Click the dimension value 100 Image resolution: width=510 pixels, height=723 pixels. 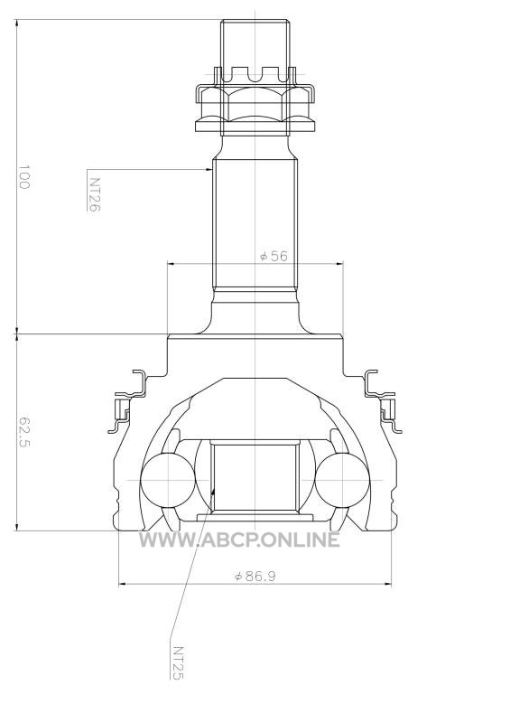click(x=24, y=177)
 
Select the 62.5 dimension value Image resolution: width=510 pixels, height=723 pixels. click(x=24, y=433)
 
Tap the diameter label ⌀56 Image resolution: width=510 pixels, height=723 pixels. click(x=274, y=256)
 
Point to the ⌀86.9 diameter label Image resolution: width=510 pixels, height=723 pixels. click(x=255, y=576)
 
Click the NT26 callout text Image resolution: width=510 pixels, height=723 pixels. click(x=94, y=194)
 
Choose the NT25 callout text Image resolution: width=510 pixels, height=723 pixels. click(x=177, y=662)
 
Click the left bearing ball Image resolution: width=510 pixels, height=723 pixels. click(x=168, y=480)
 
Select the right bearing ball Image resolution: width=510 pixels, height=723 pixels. click(x=342, y=480)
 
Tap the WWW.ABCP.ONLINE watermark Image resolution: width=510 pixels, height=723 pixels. click(x=239, y=540)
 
